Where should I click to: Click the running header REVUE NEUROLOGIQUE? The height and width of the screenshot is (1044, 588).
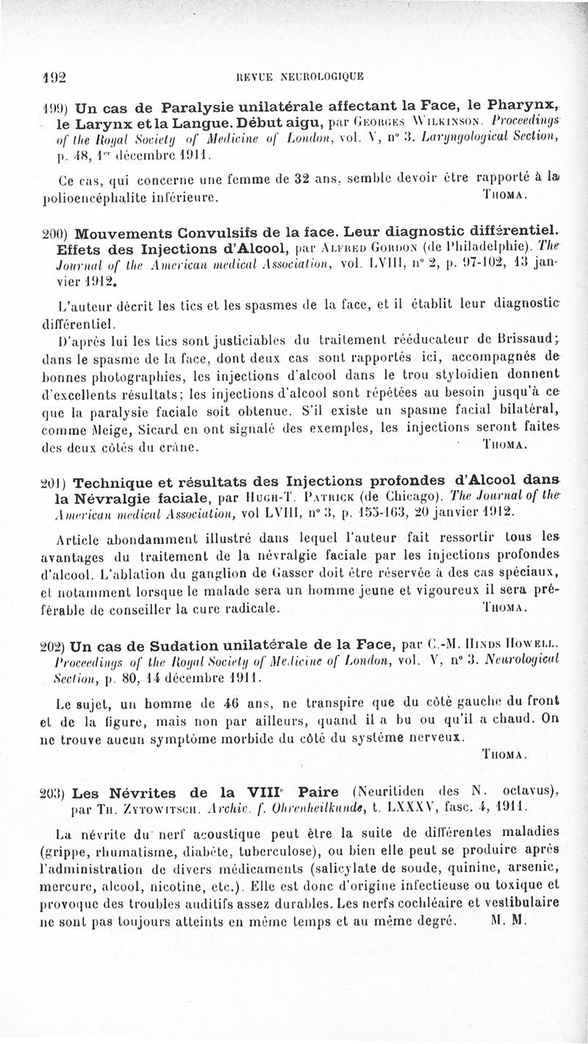pos(297,74)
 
